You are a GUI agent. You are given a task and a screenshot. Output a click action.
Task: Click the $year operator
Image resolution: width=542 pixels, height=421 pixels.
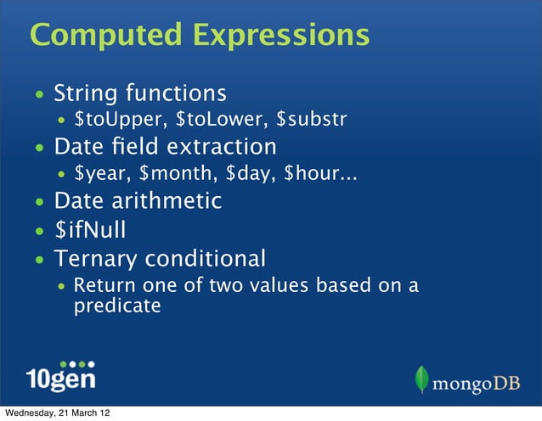click(100, 176)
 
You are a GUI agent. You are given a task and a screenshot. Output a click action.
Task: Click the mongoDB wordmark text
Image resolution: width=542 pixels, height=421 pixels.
click(476, 383)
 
